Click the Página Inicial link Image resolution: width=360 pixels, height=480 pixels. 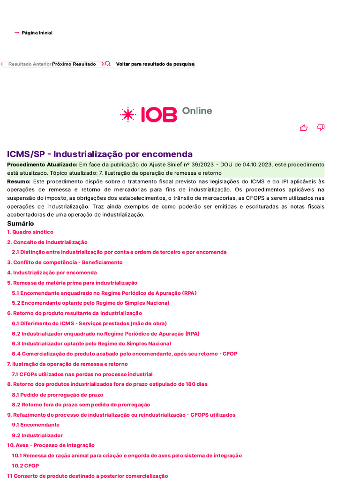click(x=37, y=33)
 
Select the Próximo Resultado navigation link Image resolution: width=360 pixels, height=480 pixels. click(x=74, y=64)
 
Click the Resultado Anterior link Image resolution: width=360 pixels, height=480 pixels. click(x=30, y=64)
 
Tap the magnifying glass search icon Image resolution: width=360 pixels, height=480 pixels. click(x=108, y=64)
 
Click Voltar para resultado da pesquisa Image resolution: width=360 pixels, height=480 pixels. click(x=155, y=64)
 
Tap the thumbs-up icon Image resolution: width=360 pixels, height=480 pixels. click(x=304, y=127)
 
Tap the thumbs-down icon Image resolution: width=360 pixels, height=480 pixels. click(x=321, y=127)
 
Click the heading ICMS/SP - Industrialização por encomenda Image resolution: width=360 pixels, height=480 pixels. click(x=100, y=154)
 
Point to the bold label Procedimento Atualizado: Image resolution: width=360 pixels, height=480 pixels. click(x=42, y=165)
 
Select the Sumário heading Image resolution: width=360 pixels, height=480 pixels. click(x=20, y=224)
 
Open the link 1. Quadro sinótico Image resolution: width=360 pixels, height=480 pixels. click(x=30, y=232)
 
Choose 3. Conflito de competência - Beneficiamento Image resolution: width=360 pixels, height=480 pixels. click(x=65, y=262)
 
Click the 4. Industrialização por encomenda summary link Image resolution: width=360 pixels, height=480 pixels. click(x=52, y=272)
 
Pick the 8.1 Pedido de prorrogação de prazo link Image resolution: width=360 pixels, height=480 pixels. click(x=57, y=395)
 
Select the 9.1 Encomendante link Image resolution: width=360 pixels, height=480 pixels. click(x=36, y=425)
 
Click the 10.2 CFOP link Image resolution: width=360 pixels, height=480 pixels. click(x=25, y=466)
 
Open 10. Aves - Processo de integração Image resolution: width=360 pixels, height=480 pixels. click(x=51, y=445)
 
